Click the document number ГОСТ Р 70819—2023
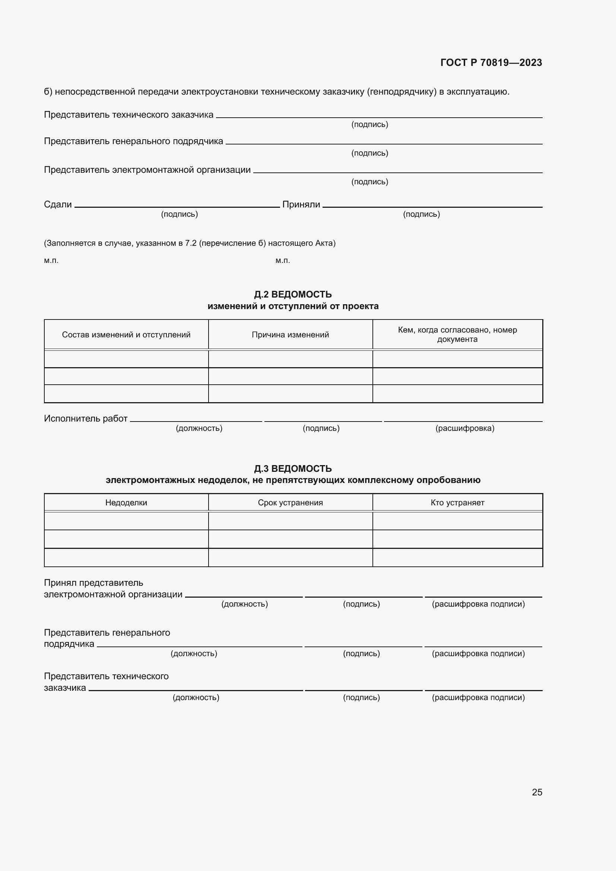point(491,63)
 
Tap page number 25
point(537,792)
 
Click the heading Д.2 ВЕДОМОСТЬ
point(292,295)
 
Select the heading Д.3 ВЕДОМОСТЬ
point(292,468)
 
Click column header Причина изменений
point(290,335)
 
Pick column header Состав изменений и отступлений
point(126,335)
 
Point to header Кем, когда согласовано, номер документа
point(457,335)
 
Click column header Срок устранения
point(290,503)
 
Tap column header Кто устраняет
point(457,503)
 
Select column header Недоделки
point(126,503)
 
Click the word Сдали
point(58,204)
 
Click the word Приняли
point(301,204)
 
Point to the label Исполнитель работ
point(85,419)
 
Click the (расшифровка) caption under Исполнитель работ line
point(465,428)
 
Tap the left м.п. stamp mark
point(51,261)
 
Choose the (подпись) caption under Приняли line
point(421,214)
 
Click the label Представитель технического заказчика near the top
point(128,115)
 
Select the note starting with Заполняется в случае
point(190,243)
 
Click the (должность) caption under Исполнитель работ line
point(199,428)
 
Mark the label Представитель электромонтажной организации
point(147,169)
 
